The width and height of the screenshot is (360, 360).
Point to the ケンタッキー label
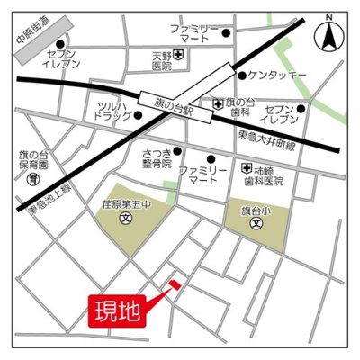pyautogui.click(x=280, y=75)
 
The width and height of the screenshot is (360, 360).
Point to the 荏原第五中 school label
pyautogui.click(x=124, y=205)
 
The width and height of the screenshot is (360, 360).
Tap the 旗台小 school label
pyautogui.click(x=256, y=210)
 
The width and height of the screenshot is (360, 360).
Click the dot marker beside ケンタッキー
pyautogui.click(x=241, y=76)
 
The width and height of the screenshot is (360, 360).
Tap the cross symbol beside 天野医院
pyautogui.click(x=178, y=57)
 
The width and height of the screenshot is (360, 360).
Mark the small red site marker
pyautogui.click(x=175, y=285)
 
